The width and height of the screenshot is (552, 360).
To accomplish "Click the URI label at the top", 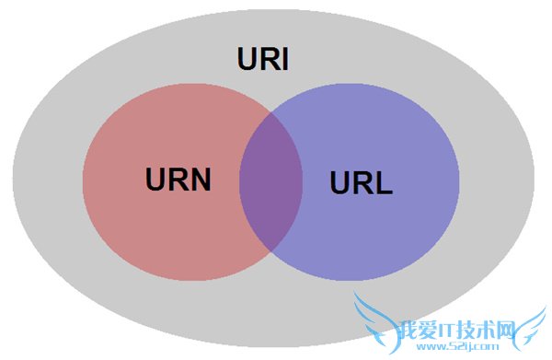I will [263, 60].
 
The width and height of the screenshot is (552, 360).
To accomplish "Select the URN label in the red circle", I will [178, 179].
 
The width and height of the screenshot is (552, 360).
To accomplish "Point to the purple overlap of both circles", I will [270, 180].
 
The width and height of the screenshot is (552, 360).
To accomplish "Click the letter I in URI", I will [285, 60].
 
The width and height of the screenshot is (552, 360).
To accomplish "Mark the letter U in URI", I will [247, 60].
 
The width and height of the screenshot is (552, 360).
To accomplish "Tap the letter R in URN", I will [177, 179].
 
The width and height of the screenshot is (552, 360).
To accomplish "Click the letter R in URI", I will [268, 60].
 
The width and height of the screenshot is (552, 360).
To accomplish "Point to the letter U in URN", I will [155, 179].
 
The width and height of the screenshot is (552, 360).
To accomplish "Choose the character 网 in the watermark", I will [508, 329].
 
